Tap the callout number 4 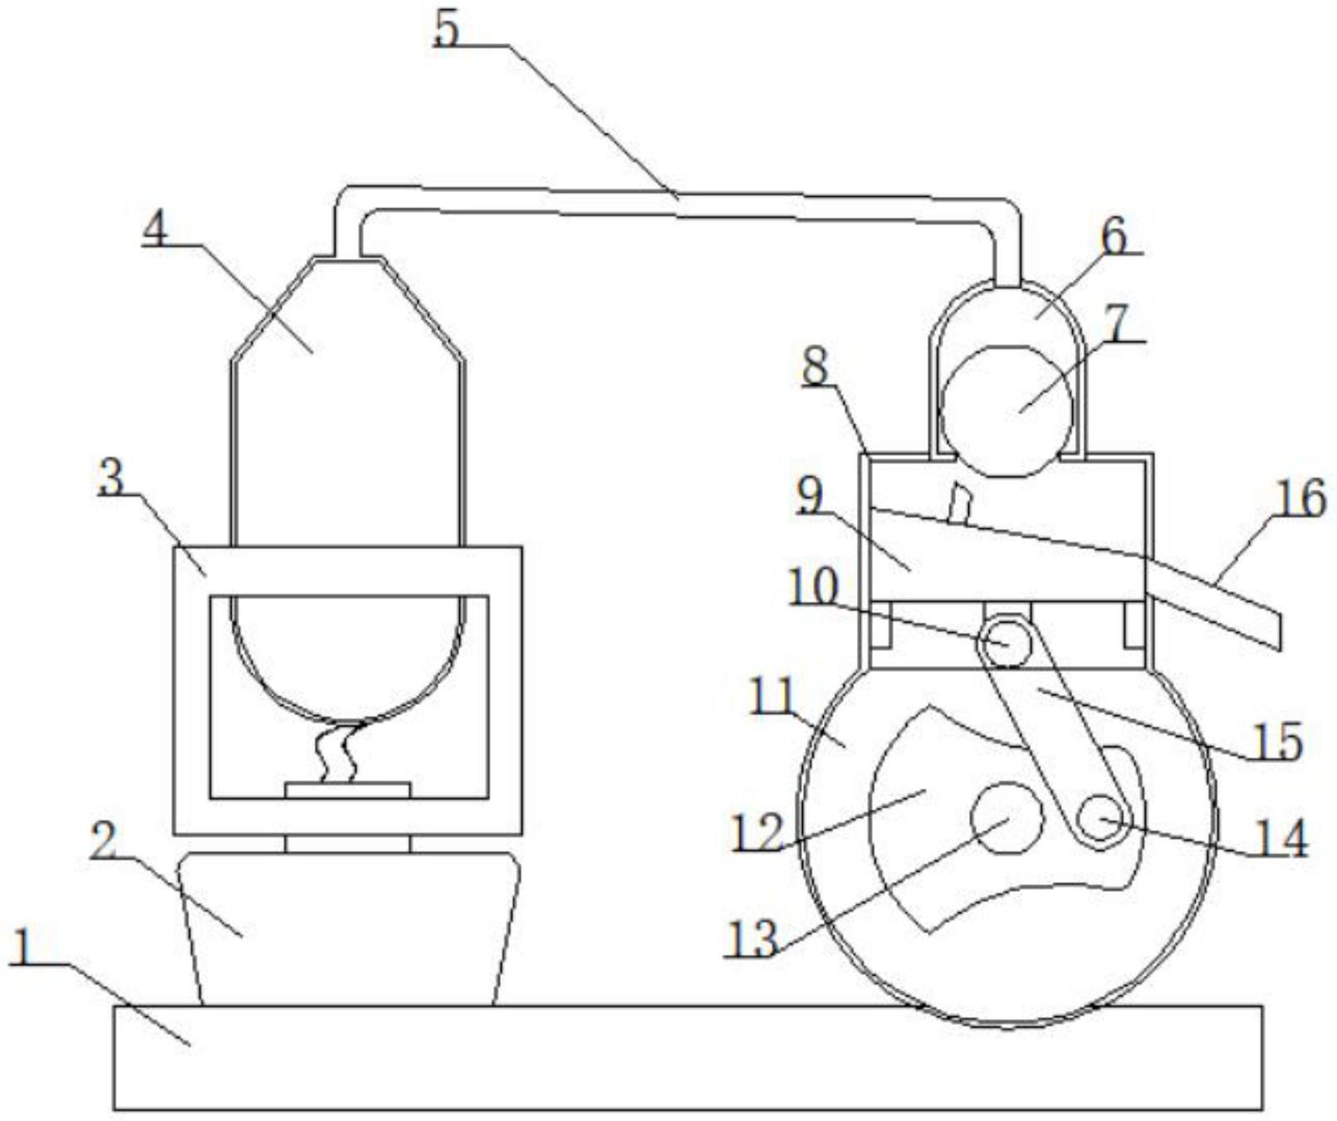[155, 226]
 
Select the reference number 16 [1300, 499]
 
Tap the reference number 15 [1277, 742]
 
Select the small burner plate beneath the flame [347, 790]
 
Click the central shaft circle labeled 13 [1006, 817]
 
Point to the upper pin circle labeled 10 [1006, 641]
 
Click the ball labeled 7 [1006, 411]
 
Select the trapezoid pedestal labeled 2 [348, 929]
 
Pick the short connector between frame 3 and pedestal [347, 844]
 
